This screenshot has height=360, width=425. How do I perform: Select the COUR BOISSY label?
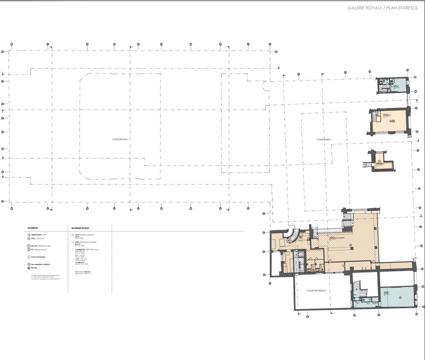pos(323,139)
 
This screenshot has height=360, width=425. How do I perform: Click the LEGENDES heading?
pos(32,228)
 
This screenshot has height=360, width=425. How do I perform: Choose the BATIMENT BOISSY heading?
pos(80,228)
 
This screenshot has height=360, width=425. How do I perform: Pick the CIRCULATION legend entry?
pos(37,234)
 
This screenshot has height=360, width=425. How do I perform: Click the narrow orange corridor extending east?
pos(395,264)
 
